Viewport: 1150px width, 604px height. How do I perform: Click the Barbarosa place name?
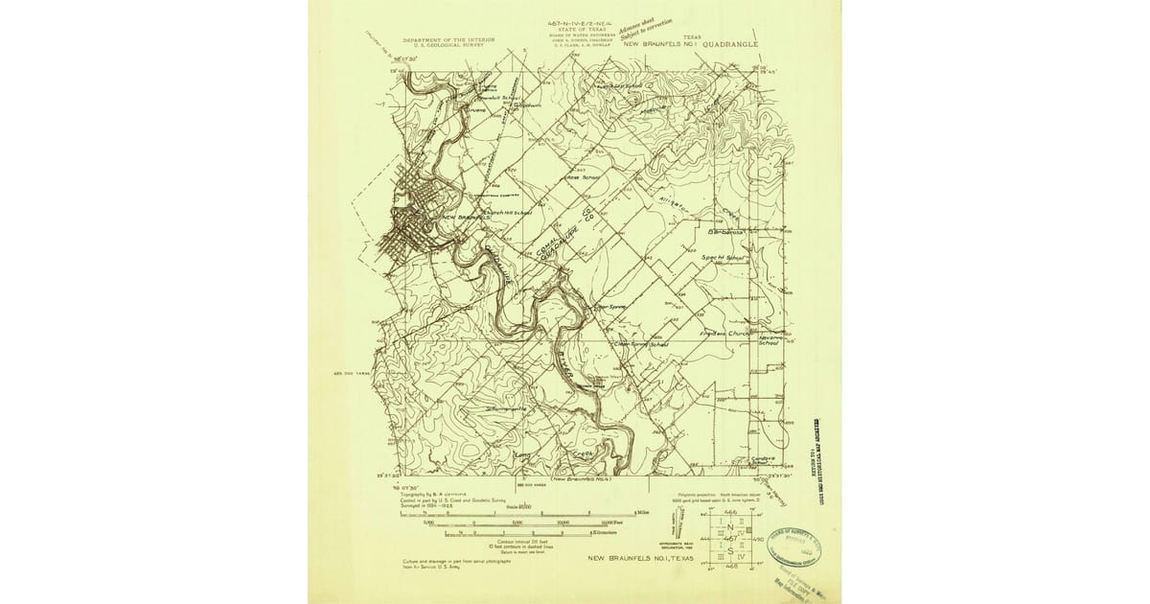click(x=725, y=233)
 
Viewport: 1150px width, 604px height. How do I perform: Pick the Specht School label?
click(x=724, y=258)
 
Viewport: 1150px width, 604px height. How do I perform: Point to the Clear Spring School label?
click(x=640, y=343)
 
